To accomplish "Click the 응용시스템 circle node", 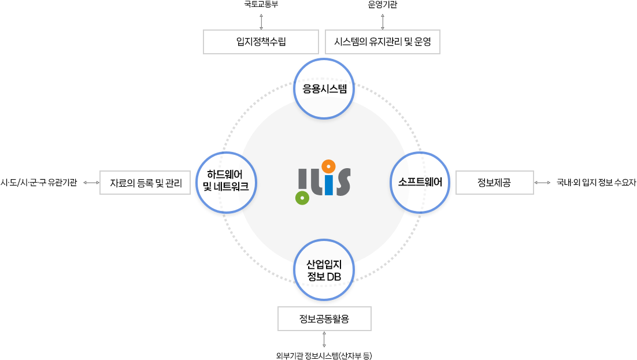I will point(324,88).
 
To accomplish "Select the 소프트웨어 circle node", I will point(420,183).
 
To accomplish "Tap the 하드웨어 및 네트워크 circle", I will point(226,183).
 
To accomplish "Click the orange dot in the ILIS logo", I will point(328,167).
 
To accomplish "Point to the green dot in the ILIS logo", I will point(301,198).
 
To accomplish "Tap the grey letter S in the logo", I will point(342,184).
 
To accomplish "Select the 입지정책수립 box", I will point(261,42).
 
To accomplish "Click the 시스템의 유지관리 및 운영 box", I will point(383,42).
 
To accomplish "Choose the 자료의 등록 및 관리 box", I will point(145,183).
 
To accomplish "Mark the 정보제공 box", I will point(495,183).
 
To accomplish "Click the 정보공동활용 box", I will point(324,318).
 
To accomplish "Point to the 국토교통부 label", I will point(261,5).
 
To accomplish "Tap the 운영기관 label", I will point(383,5).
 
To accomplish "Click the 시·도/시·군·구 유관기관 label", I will point(39,183).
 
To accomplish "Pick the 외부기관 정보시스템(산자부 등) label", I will point(324,355).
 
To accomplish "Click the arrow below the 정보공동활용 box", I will point(324,339).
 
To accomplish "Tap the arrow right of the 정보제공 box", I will point(542,183).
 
